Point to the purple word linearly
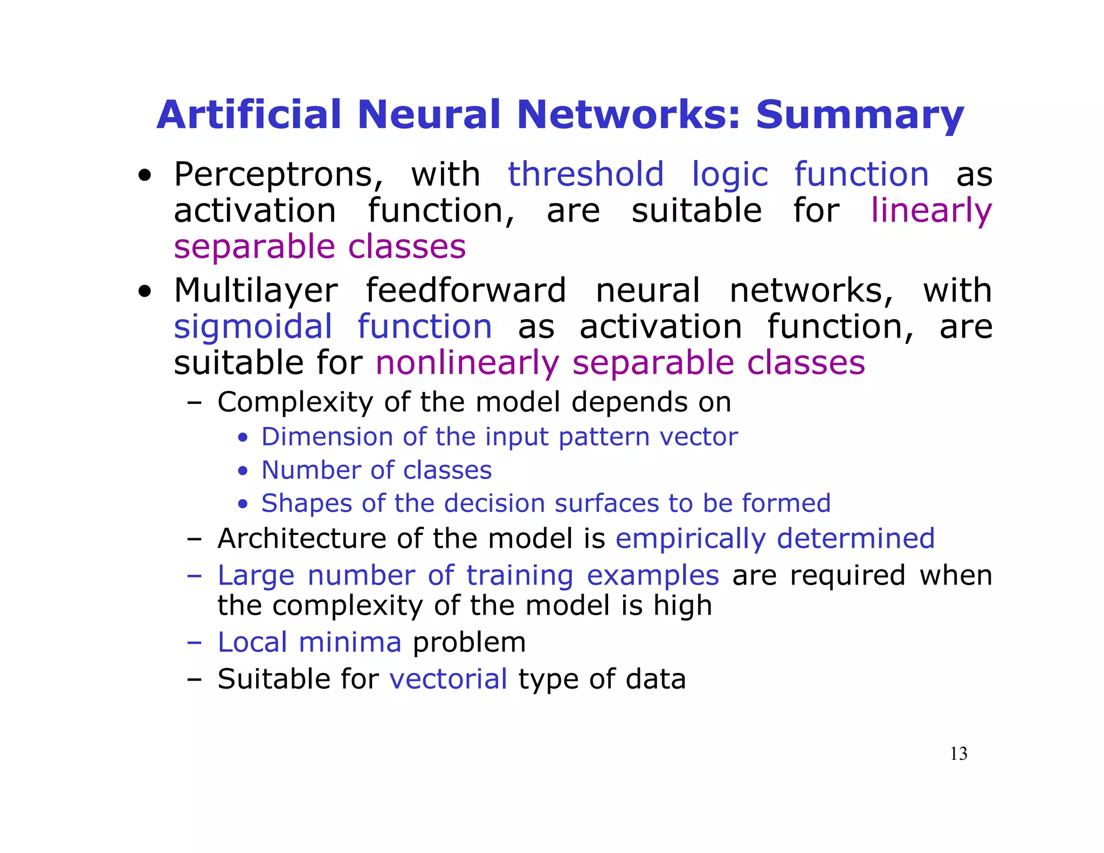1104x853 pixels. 931,211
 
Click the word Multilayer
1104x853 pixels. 256,291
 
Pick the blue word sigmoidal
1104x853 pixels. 253,327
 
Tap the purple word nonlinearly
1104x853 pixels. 467,363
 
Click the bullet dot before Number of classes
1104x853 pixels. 243,471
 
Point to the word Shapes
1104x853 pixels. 306,504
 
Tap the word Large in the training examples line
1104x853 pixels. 256,575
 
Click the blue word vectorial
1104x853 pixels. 448,679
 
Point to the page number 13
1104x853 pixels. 958,754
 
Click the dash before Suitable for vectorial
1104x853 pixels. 194,679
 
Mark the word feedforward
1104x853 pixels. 466,291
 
